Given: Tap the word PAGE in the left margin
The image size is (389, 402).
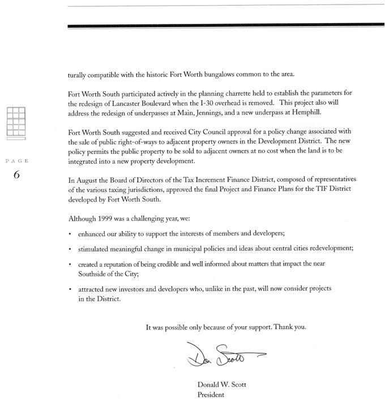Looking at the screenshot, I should coord(16,161).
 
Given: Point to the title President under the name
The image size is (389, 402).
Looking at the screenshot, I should coord(211,395).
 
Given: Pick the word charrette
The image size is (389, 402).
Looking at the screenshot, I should coord(215,95).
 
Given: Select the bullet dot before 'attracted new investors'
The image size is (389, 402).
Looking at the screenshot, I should coord(69,290).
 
